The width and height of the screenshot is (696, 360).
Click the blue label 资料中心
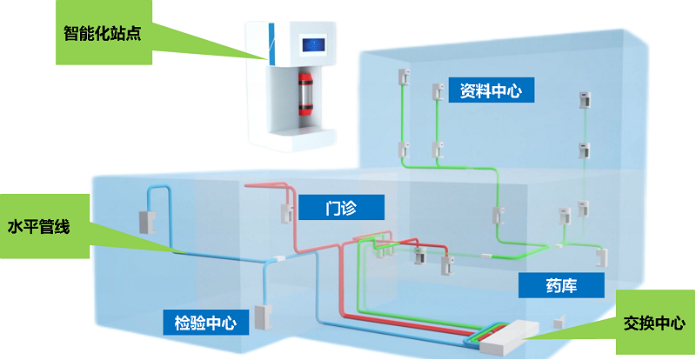pos(490,90)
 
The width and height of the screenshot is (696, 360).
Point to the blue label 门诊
pos(342,207)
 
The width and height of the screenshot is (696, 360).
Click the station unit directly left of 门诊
pos(284,211)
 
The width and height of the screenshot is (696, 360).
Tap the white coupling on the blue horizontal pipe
pos(276,258)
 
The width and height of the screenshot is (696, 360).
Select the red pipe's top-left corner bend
pos(248,185)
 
